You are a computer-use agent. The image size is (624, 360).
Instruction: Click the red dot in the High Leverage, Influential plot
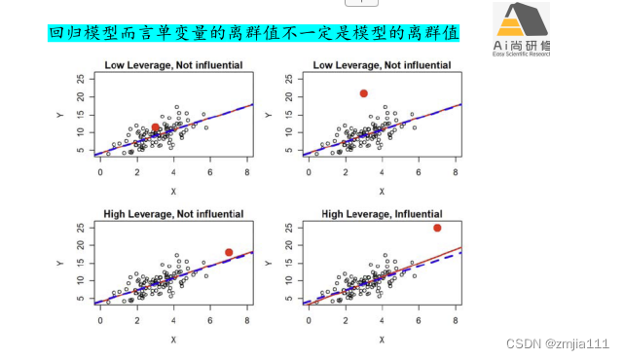[437, 228]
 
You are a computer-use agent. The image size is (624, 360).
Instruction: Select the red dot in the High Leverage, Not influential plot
[229, 253]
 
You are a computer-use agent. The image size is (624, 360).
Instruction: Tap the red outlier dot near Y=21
[363, 93]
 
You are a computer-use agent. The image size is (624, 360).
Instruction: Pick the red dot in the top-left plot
[155, 127]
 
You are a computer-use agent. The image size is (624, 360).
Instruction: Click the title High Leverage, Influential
[381, 213]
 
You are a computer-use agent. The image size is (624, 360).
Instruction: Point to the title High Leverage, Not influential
[173, 213]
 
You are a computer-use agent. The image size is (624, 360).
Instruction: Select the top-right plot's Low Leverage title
[381, 65]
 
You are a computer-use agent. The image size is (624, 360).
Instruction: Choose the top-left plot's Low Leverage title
[173, 65]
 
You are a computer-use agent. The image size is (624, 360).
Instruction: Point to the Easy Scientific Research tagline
[523, 54]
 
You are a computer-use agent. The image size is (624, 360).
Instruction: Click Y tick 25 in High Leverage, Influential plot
[286, 228]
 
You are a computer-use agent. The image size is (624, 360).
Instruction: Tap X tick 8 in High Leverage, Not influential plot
[247, 320]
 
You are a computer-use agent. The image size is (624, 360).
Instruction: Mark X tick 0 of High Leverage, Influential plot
[308, 320]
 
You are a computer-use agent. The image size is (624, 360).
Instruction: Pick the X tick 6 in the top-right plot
[418, 171]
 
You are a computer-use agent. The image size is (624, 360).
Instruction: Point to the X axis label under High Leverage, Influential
[381, 340]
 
